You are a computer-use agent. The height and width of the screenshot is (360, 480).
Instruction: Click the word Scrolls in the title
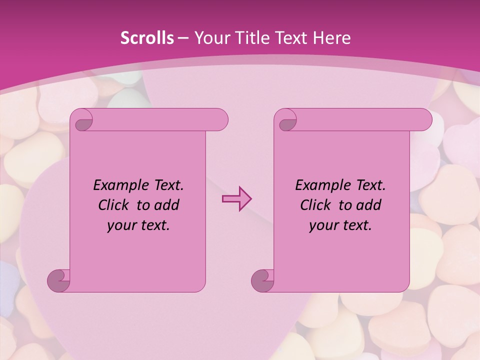[147, 38]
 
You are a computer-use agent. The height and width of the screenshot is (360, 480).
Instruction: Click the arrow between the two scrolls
[236, 198]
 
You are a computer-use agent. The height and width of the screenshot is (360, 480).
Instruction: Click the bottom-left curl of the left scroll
[58, 280]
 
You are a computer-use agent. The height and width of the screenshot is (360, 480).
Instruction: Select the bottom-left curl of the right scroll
[262, 280]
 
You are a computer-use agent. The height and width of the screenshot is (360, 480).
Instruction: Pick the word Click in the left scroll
[113, 205]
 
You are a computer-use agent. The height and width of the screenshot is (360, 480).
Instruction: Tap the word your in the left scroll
[120, 225]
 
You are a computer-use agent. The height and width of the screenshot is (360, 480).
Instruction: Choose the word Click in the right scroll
[315, 205]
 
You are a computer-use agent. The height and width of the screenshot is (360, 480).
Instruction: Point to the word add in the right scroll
[369, 205]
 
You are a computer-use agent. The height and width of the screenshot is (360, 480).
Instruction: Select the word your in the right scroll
[322, 225]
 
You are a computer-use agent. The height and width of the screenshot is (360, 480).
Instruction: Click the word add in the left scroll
[167, 205]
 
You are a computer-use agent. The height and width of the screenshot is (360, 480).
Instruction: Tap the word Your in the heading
[209, 38]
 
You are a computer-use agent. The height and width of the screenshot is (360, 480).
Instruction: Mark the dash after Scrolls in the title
[183, 38]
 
